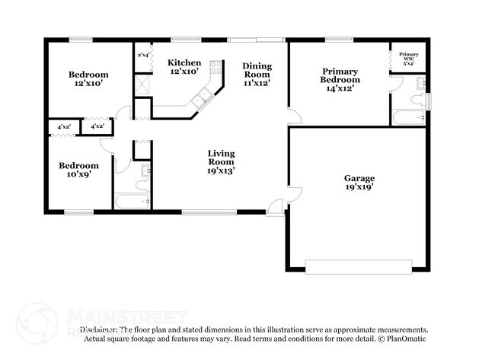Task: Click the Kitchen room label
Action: [x=184, y=62]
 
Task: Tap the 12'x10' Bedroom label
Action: [x=88, y=75]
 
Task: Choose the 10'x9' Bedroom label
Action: [x=78, y=165]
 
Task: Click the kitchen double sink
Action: [x=203, y=97]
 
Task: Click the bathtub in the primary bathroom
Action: [x=407, y=118]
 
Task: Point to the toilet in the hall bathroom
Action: [x=142, y=183]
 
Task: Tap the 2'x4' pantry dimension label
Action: [x=142, y=55]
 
